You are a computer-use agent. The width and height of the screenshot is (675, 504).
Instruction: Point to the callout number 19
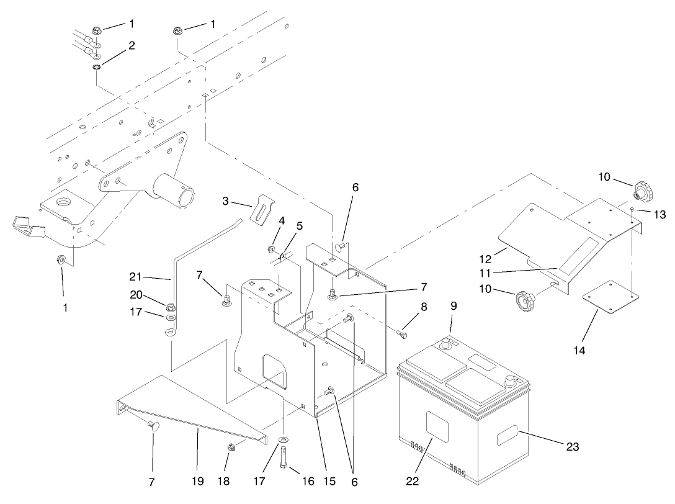click(x=197, y=482)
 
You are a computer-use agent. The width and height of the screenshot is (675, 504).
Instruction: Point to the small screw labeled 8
click(x=401, y=335)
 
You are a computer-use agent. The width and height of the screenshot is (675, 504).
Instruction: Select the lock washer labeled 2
click(x=97, y=67)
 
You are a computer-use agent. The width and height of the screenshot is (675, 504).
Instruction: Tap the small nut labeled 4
click(x=270, y=249)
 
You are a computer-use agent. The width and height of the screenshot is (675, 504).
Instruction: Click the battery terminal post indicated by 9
click(x=445, y=343)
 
